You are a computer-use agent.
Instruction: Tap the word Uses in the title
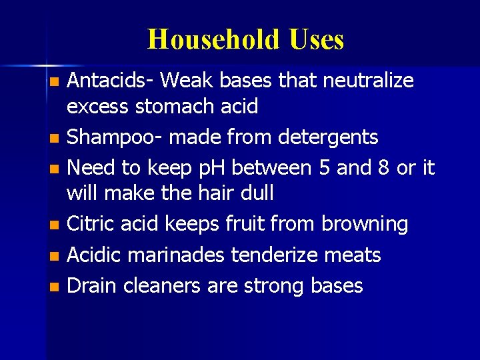click(317, 40)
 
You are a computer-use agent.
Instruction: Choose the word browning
click(365, 225)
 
